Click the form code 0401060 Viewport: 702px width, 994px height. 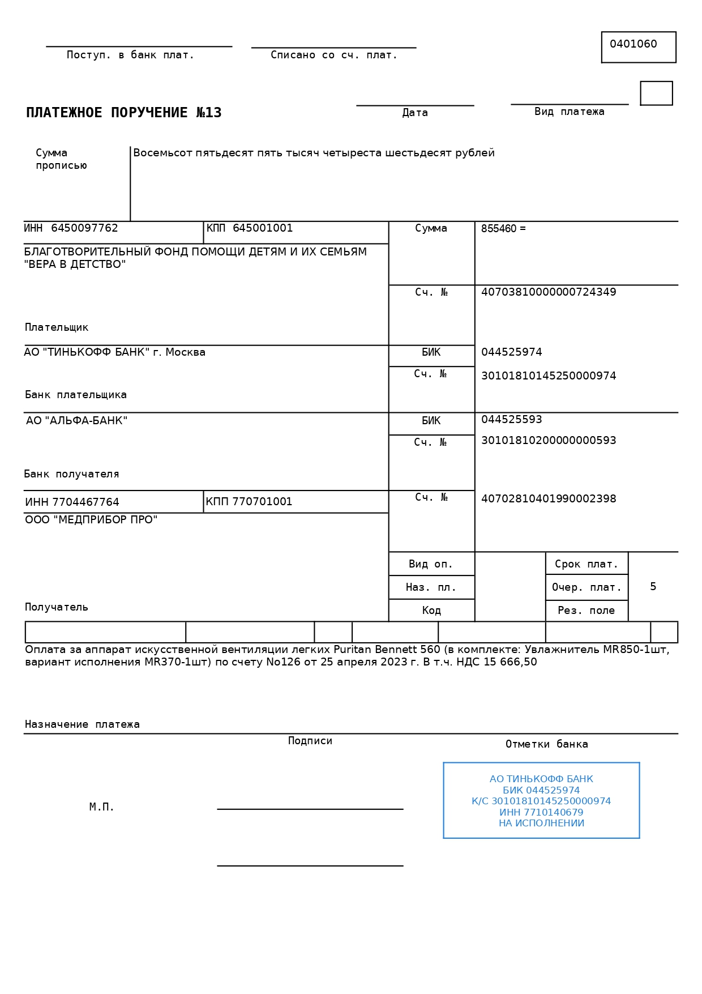click(633, 44)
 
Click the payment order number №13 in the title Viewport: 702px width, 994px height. click(209, 113)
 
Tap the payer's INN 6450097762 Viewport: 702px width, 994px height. click(84, 228)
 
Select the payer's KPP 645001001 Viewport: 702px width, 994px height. click(263, 228)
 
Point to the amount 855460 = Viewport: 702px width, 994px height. click(503, 229)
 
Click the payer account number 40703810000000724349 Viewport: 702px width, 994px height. click(548, 292)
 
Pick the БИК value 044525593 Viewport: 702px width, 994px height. click(511, 420)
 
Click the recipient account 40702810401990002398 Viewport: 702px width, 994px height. click(548, 499)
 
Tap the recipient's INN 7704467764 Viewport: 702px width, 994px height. click(85, 502)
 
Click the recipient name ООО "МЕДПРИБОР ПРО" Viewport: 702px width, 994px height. click(91, 520)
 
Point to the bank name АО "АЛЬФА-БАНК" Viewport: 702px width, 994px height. click(77, 421)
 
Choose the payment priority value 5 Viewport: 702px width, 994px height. click(653, 587)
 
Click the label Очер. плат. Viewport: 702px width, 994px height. click(587, 587)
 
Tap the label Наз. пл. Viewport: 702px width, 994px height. click(431, 587)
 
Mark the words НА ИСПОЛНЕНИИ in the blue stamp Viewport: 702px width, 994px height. click(541, 824)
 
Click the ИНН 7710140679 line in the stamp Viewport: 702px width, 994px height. click(541, 813)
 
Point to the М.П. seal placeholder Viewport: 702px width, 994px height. click(102, 807)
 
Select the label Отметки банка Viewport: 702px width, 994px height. click(546, 744)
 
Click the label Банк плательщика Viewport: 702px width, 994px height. click(76, 395)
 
